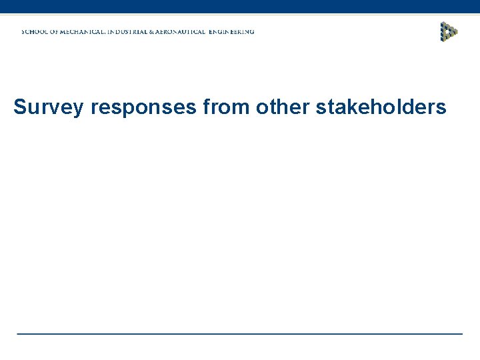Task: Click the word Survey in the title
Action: pos(49,107)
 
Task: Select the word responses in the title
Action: pos(139,108)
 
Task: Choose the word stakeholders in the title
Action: pos(379,107)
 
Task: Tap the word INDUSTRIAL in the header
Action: pos(145,32)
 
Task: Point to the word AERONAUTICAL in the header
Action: pos(203,32)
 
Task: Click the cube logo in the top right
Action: pos(449,31)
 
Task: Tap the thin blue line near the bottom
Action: pos(240,333)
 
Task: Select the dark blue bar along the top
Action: pos(240,7)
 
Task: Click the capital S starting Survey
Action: pos(20,107)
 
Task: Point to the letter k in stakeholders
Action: pos(350,107)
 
